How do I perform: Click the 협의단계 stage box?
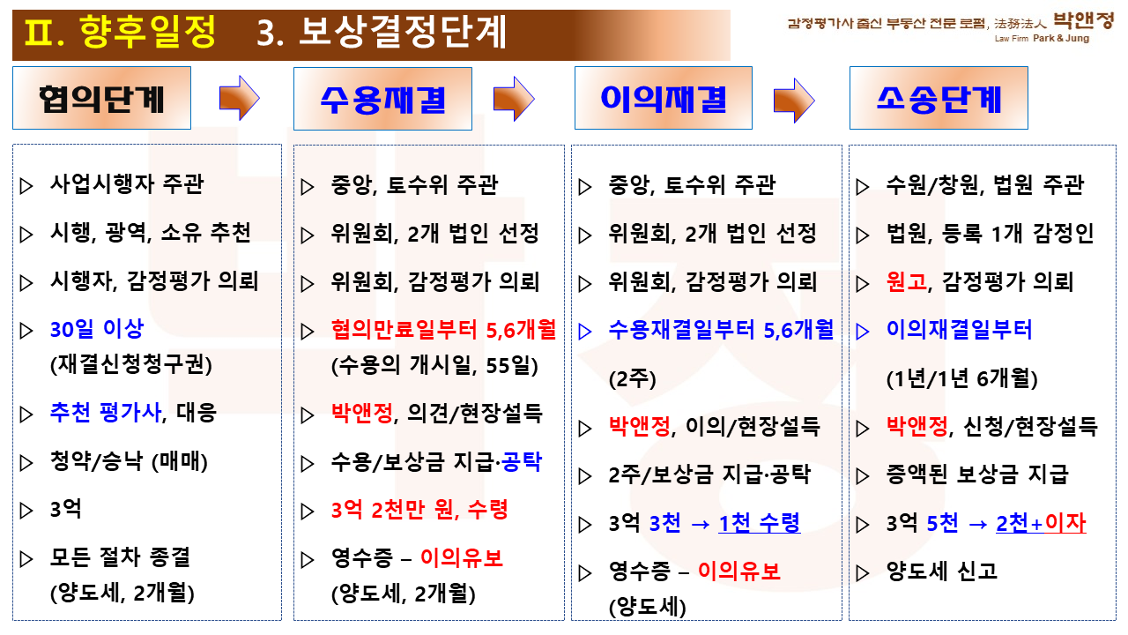[101, 98]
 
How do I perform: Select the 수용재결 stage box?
[382, 99]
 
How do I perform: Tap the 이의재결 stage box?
[664, 98]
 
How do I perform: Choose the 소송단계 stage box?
[939, 98]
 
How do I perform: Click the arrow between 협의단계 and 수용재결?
[239, 98]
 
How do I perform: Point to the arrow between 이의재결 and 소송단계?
[794, 100]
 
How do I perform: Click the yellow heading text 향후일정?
[147, 31]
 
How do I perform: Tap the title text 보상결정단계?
[403, 31]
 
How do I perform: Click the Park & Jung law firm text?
[1060, 38]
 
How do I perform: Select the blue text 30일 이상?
[97, 329]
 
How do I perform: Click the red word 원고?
[907, 281]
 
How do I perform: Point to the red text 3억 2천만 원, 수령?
[419, 510]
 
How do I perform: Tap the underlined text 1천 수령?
[760, 523]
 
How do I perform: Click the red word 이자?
[1065, 523]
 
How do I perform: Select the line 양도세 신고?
[942, 571]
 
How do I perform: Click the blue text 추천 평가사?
[105, 412]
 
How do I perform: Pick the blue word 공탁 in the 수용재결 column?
[522, 461]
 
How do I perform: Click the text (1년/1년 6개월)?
[961, 378]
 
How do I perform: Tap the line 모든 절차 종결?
[120, 557]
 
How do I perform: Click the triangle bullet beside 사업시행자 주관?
[26, 185]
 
